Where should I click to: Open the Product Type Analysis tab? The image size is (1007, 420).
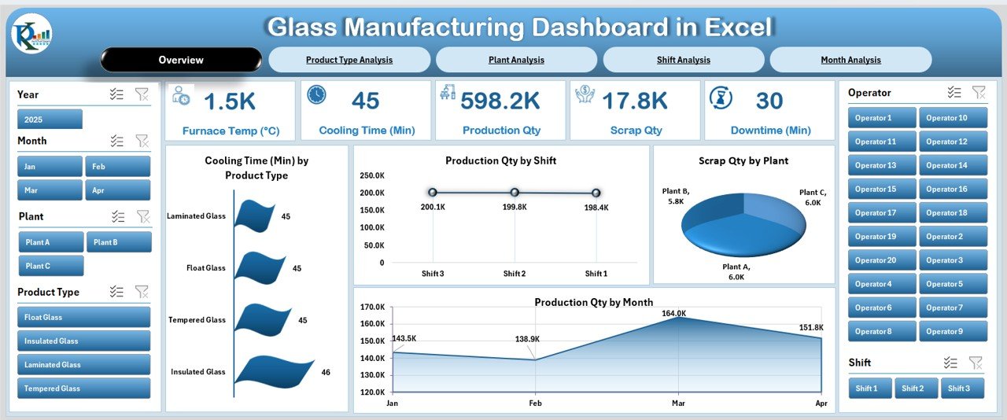(x=349, y=60)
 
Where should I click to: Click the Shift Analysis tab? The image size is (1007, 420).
(x=683, y=60)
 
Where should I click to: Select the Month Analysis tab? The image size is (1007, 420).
(x=850, y=60)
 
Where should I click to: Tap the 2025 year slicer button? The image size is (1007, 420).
(x=50, y=119)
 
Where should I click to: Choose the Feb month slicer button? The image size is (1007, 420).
(x=118, y=167)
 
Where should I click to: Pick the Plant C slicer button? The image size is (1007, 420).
(x=50, y=266)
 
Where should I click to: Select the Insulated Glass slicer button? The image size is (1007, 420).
(x=83, y=341)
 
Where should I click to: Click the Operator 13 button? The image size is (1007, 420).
(x=882, y=165)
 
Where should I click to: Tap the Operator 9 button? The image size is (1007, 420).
(x=953, y=331)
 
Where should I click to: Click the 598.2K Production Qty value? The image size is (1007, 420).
(x=500, y=101)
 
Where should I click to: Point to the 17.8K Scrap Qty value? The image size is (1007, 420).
(x=634, y=101)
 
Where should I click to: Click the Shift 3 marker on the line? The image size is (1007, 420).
(x=433, y=192)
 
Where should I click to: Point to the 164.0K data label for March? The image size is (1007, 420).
(x=674, y=313)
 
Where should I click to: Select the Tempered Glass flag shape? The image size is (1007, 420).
(x=256, y=318)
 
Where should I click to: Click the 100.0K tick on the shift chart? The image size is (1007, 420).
(x=372, y=228)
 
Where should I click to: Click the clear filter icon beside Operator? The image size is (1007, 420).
(x=979, y=93)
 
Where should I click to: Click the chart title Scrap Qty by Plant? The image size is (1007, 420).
(x=743, y=160)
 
